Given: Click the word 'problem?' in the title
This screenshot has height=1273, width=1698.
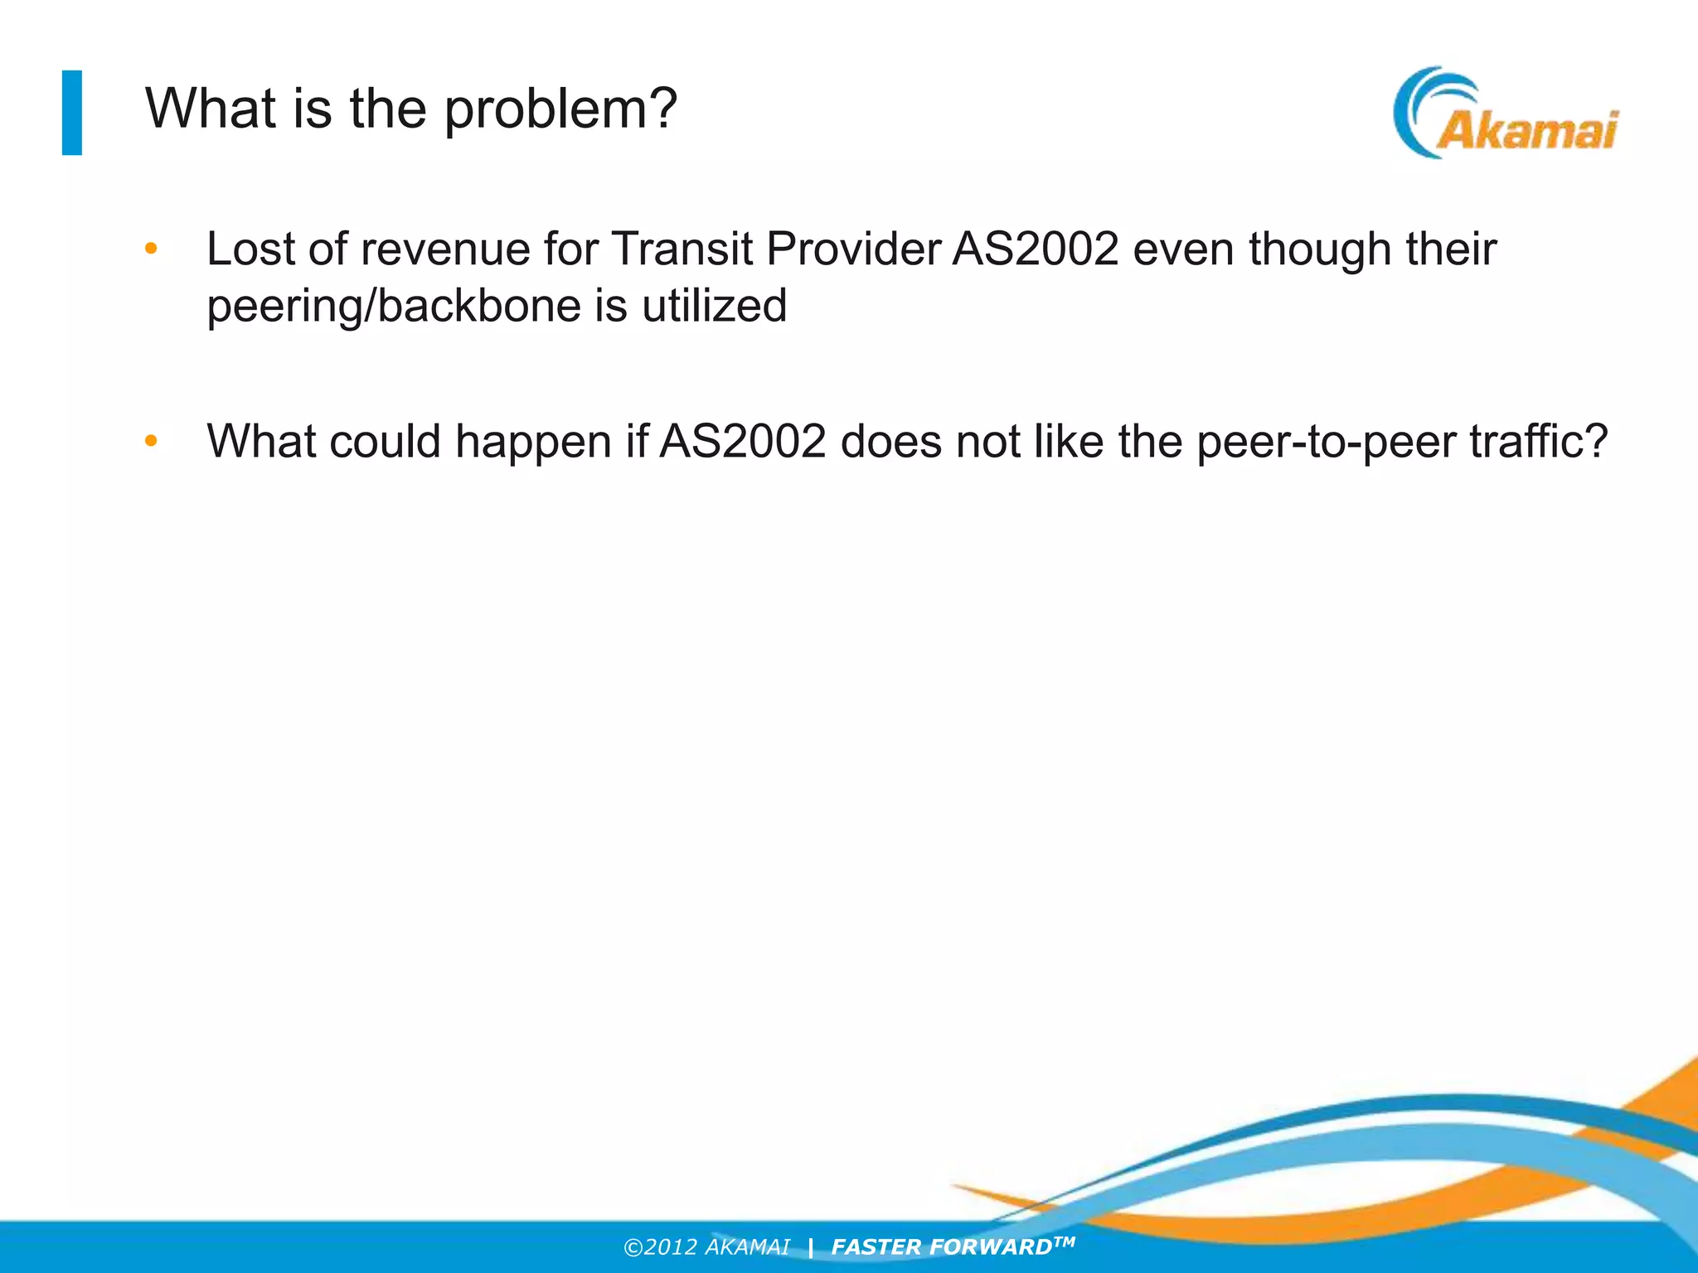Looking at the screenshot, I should [561, 110].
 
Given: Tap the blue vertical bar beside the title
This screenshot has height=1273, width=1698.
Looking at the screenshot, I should [72, 113].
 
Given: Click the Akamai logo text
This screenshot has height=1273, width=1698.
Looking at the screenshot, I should [1526, 131].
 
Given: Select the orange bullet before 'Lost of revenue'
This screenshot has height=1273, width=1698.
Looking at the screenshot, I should [151, 249].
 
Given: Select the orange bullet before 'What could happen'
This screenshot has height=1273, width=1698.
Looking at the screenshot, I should [151, 441].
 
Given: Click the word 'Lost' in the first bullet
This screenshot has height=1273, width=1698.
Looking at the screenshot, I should [251, 249].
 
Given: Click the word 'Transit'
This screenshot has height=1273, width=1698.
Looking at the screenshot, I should [682, 249].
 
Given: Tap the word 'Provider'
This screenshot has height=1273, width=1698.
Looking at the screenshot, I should [853, 249].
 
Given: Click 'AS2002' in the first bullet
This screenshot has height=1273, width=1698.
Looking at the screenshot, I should [1036, 249].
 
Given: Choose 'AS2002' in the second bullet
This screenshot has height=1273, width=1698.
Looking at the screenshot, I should [743, 441].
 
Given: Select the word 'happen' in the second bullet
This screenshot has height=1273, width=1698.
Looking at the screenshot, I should [534, 443].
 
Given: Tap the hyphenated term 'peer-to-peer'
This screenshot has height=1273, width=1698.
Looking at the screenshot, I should [1326, 443].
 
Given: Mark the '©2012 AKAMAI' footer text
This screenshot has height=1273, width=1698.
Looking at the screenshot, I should [706, 1247].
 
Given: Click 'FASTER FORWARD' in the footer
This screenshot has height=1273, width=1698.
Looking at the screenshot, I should [942, 1247].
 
